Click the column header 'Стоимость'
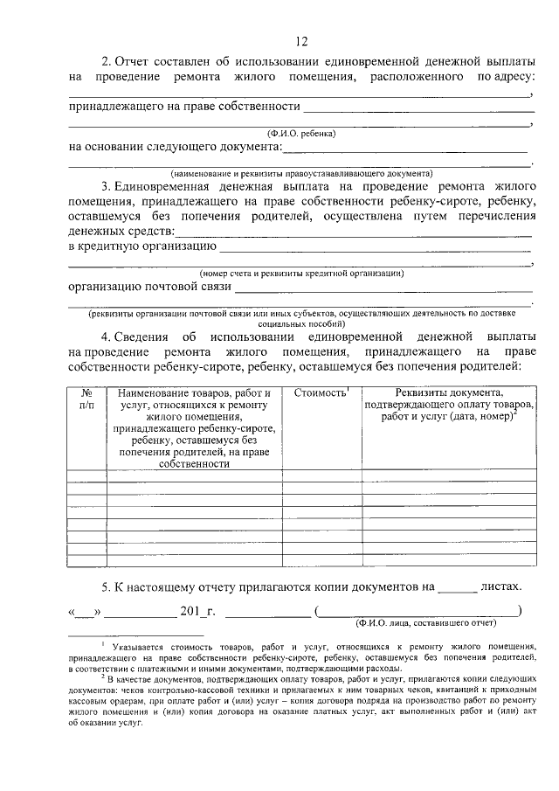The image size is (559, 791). coord(321,394)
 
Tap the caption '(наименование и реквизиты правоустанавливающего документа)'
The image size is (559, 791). coord(301,173)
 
